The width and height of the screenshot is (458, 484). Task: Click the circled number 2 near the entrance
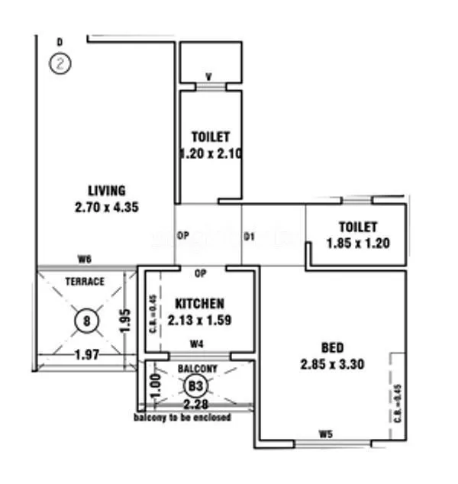[60, 63]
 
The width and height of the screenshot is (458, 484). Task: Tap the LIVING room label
[106, 191]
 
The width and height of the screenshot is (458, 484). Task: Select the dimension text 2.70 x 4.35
[106, 207]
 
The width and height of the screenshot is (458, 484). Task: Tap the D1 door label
[249, 237]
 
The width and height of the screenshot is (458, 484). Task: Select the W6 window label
[85, 260]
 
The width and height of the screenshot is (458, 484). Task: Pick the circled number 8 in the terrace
[86, 321]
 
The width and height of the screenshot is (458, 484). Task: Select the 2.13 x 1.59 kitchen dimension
[198, 320]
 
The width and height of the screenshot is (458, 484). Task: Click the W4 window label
[197, 343]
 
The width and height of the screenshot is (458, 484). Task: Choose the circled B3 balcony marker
[195, 386]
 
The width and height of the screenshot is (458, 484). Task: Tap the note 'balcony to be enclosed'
[182, 418]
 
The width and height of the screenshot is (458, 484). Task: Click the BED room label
[332, 347]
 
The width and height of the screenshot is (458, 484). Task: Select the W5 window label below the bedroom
[327, 436]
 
